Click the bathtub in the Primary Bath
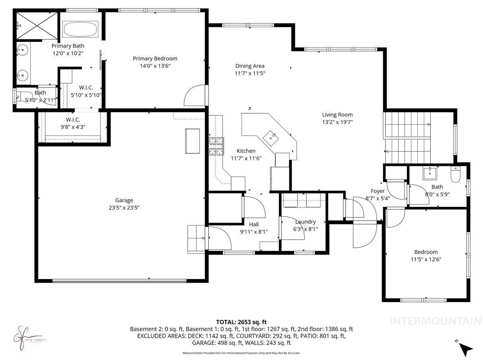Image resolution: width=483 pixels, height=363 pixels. (80, 29)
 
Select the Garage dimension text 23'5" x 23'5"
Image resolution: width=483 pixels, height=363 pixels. (124, 208)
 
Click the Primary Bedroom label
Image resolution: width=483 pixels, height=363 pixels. (155, 58)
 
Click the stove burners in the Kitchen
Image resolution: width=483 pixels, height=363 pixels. (216, 147)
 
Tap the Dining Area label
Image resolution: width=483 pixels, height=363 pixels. (250, 66)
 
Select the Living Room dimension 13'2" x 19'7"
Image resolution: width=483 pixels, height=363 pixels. (337, 122)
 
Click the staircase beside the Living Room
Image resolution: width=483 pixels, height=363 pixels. (407, 137)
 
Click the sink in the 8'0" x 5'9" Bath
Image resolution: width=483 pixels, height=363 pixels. (430, 173)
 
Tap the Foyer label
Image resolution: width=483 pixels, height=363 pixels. (378, 191)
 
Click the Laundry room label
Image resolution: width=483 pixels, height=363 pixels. (305, 221)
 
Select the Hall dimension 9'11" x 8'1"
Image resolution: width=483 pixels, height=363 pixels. (254, 232)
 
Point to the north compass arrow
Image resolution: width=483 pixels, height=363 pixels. (466, 348)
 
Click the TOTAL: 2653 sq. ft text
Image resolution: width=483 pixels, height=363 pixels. (242, 322)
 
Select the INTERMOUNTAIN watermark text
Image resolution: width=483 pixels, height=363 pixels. (436, 321)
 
